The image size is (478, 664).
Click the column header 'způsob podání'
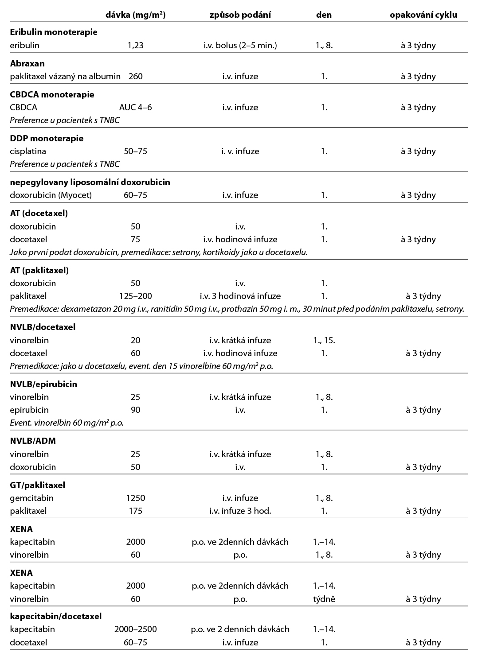coord(240,15)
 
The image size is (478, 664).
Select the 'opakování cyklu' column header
coord(423,15)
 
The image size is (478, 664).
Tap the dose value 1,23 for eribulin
coord(136,45)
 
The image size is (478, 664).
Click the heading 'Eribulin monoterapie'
coord(54,32)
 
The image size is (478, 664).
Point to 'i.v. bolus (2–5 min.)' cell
coord(240,45)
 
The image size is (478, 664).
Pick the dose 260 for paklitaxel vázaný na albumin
coord(136,76)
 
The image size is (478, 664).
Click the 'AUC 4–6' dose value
coord(136,107)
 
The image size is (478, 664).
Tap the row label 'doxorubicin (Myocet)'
coord(51,195)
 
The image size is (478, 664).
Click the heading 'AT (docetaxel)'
coord(39,213)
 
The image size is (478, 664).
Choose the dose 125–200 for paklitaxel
coord(136,296)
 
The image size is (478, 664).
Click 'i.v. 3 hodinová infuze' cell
coord(240,296)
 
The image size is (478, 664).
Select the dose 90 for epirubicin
coord(136,410)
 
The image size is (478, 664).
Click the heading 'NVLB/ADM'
coord(33,441)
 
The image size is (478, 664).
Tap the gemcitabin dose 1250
coord(136,498)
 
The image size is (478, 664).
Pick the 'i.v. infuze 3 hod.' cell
coord(240,511)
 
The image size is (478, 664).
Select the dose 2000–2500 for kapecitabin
coord(136,629)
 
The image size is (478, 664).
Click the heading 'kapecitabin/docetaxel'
coord(56,616)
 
